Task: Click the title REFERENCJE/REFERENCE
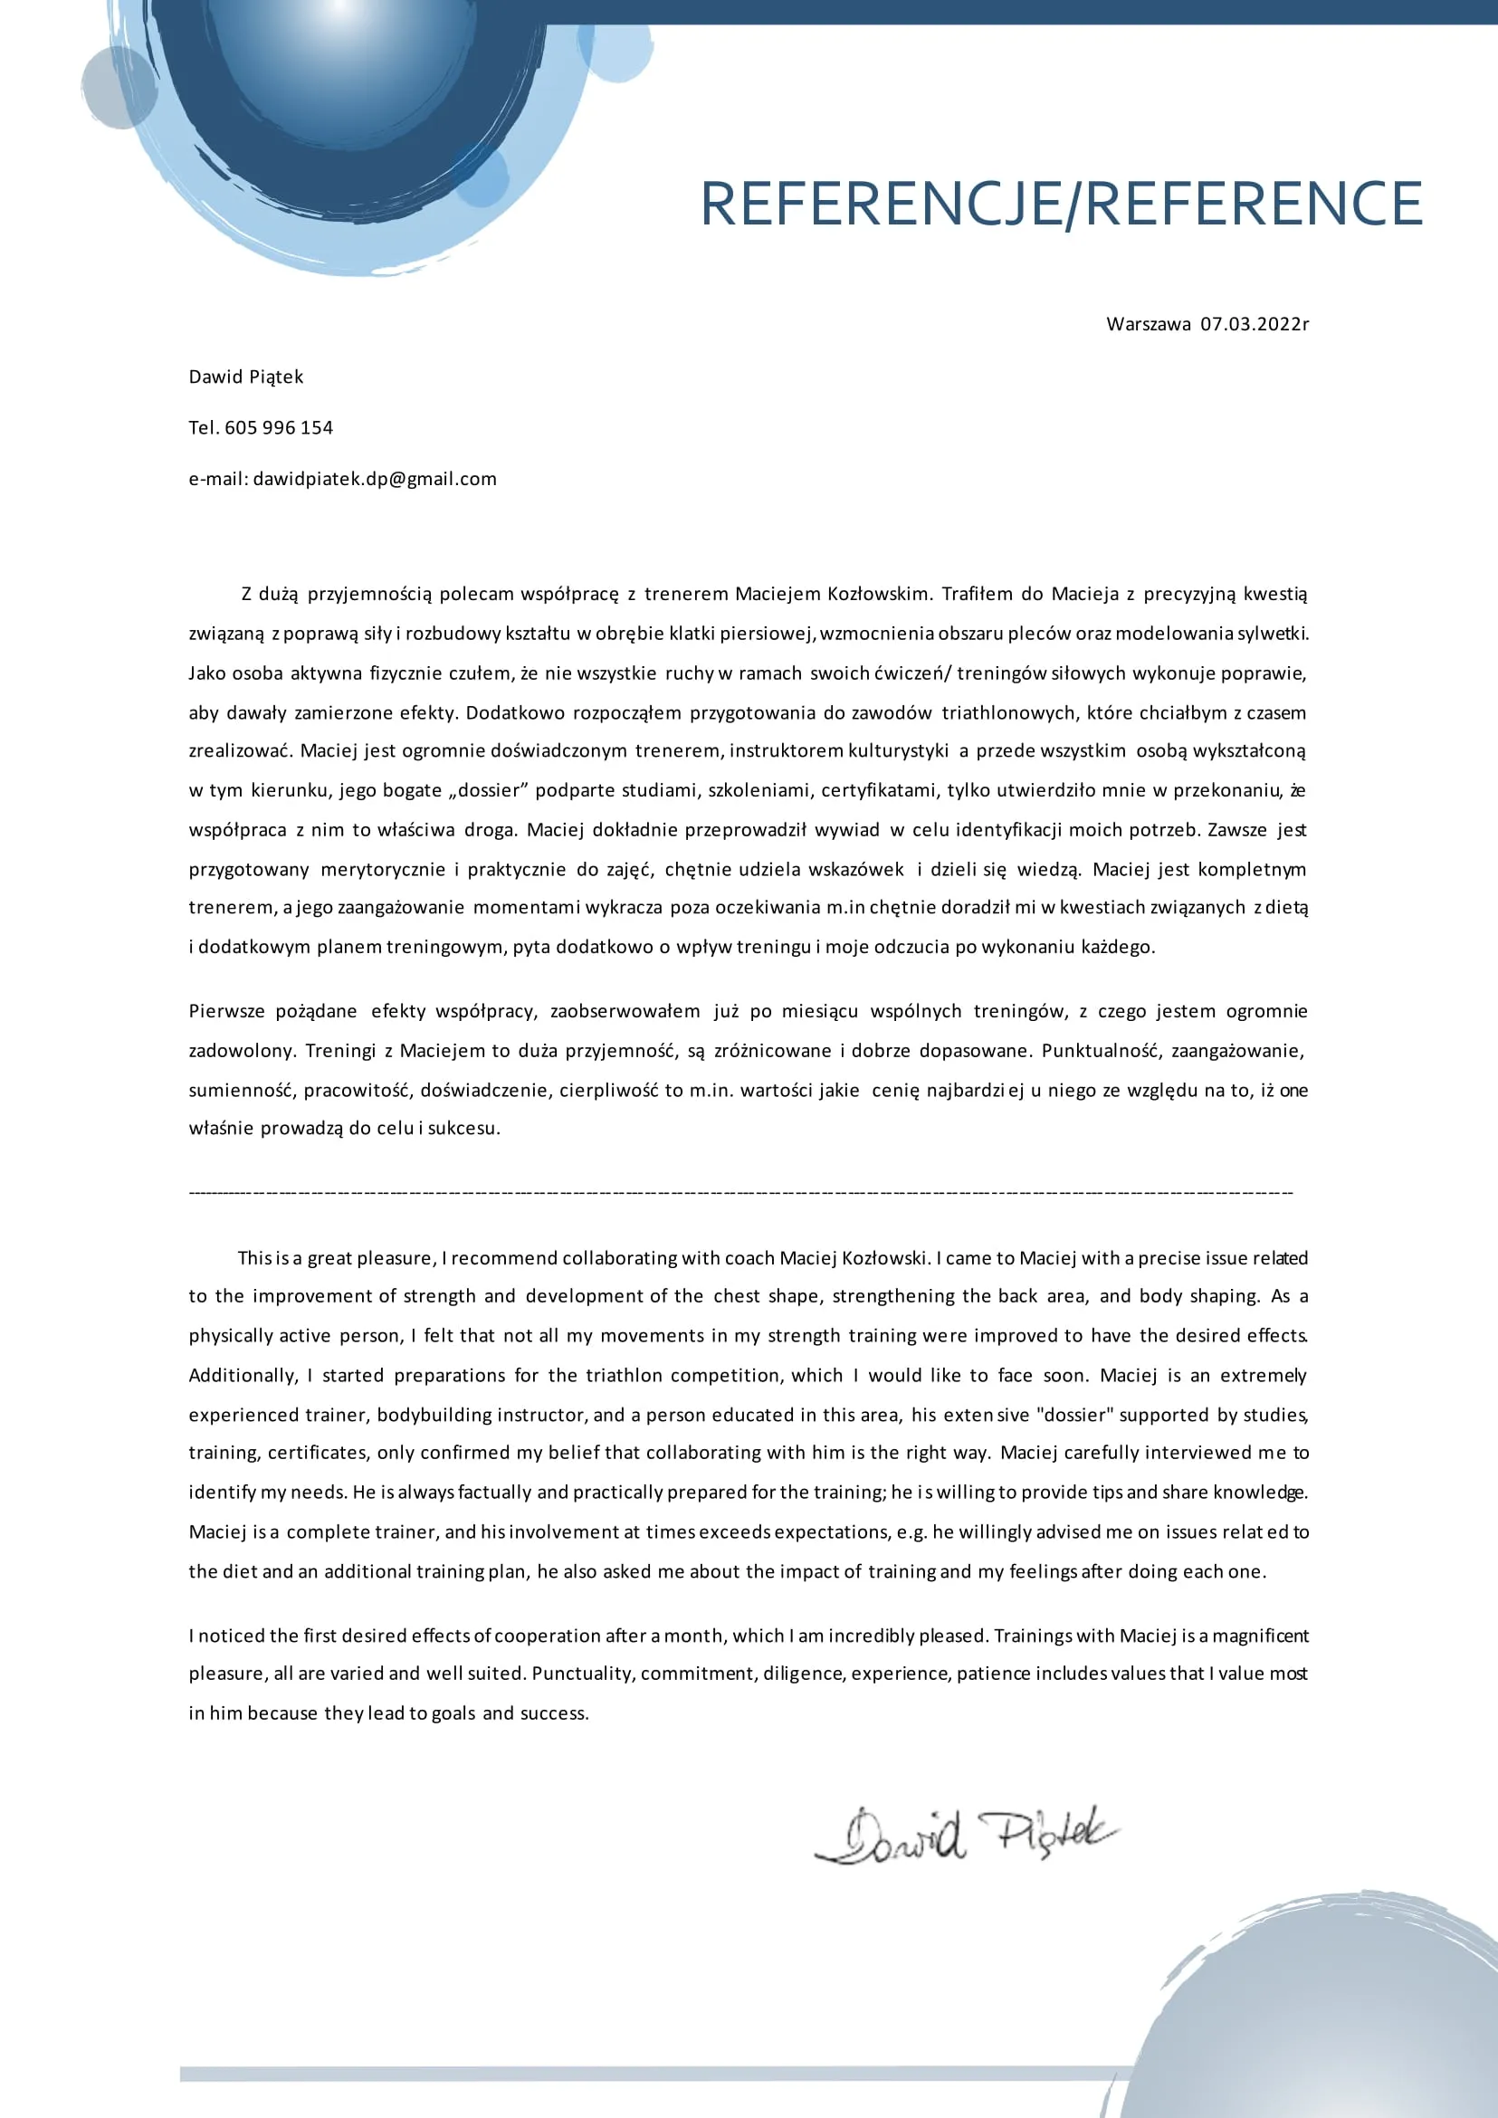pyautogui.click(x=1061, y=204)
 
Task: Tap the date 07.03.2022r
pyautogui.click(x=1254, y=324)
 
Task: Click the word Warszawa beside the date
pyautogui.click(x=1148, y=324)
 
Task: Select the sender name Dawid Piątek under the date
pyautogui.click(x=245, y=377)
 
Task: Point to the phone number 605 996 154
pyautogui.click(x=279, y=427)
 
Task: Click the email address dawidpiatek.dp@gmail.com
pyautogui.click(x=375, y=479)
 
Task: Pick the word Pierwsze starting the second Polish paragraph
pyautogui.click(x=227, y=1011)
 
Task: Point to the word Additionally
pyautogui.click(x=243, y=1376)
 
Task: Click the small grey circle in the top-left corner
pyautogui.click(x=119, y=89)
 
